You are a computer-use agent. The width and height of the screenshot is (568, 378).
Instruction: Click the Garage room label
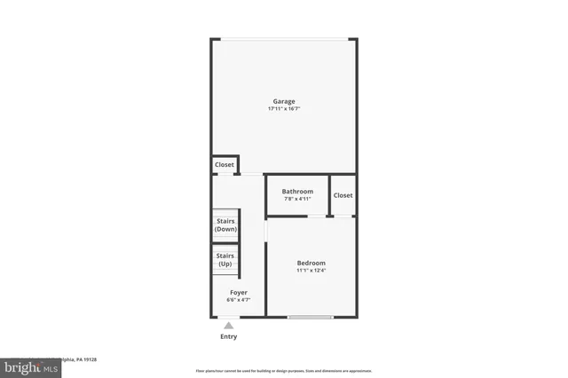[284, 101]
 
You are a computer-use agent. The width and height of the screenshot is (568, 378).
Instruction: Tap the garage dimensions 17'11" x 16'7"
[284, 109]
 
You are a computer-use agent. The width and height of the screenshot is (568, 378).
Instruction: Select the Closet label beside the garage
[225, 165]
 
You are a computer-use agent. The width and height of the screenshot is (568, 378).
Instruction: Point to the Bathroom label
[297, 192]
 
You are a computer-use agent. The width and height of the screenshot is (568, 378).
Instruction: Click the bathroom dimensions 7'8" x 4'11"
[297, 199]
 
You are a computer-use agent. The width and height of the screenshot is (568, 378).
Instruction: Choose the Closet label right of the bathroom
[343, 195]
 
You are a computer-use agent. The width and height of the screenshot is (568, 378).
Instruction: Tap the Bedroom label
[311, 263]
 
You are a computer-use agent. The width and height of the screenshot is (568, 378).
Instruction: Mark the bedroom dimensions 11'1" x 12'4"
[311, 271]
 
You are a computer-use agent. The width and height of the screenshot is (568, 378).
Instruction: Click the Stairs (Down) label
[225, 225]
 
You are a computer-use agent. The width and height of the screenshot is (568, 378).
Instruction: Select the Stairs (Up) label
[225, 260]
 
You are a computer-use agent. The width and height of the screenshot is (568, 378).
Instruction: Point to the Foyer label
[239, 292]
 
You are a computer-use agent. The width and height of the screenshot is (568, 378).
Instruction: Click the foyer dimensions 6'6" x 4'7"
[239, 300]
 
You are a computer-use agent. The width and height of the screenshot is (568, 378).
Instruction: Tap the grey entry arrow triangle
[229, 326]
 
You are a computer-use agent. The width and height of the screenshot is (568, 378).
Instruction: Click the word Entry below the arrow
[229, 337]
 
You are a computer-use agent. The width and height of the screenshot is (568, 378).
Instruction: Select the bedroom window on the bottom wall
[311, 317]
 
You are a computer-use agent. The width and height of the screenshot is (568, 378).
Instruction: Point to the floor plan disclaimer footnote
[284, 371]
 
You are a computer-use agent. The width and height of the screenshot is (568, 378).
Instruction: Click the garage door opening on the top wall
[284, 39]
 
